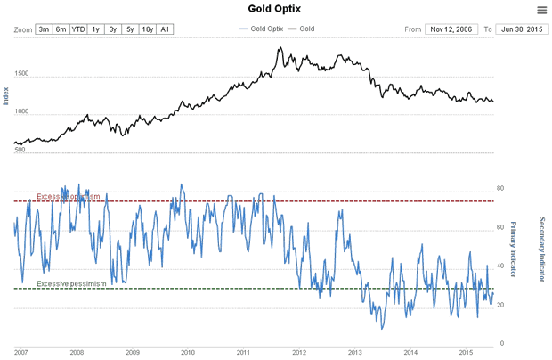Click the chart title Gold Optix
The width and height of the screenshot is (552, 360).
[276, 9]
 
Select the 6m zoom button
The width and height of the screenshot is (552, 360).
[61, 29]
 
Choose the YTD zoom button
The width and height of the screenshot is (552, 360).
[78, 29]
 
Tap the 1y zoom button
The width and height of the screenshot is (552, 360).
[96, 29]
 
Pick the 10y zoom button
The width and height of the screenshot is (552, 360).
[147, 29]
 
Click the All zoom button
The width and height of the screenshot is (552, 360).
[165, 29]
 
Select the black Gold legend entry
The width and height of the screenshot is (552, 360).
[303, 29]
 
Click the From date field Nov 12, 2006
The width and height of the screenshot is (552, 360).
[452, 29]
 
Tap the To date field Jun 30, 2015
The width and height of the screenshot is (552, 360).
[521, 29]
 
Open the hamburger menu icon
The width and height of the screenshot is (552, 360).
[541, 10]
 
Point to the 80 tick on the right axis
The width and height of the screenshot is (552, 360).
[500, 189]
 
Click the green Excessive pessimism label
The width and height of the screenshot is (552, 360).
[71, 283]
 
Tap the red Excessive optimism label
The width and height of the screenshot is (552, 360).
[69, 196]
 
